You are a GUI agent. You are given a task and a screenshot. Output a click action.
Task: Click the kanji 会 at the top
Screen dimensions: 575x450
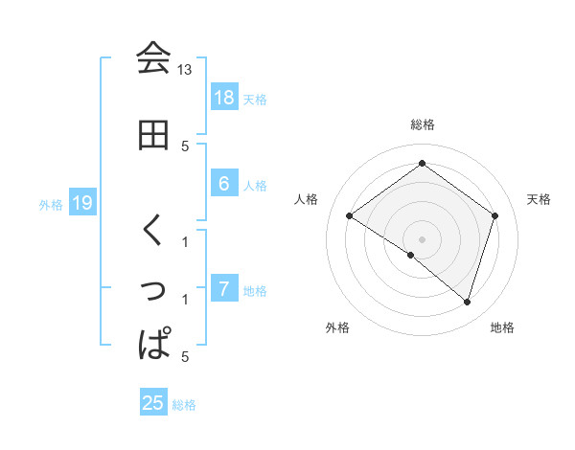click(x=153, y=58)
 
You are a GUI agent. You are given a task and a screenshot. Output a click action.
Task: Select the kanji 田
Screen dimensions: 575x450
click(x=153, y=135)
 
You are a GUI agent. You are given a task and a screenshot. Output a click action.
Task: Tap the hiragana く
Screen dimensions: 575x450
click(x=153, y=231)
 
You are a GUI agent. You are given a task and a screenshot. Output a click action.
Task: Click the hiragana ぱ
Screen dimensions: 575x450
click(x=154, y=344)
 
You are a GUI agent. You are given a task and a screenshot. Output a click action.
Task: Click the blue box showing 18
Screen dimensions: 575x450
click(x=224, y=98)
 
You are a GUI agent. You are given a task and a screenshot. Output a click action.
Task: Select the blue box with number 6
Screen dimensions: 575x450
click(x=224, y=185)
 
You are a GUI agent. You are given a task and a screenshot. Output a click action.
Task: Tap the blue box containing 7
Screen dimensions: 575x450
click(x=224, y=289)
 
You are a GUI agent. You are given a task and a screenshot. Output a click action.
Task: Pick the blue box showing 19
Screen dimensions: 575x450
click(x=82, y=203)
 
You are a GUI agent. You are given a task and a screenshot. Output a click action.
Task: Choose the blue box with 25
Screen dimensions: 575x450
click(x=153, y=403)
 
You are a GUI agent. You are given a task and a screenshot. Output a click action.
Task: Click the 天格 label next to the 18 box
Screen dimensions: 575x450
click(x=255, y=99)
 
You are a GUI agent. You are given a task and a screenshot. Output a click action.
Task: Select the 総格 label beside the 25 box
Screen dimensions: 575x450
click(x=184, y=405)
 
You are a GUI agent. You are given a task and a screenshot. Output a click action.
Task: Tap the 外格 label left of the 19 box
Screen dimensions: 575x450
click(x=50, y=204)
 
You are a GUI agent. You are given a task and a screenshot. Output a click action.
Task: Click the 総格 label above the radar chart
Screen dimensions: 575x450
click(x=422, y=124)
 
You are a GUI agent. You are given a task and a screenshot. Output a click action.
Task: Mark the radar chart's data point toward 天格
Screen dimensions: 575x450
click(x=495, y=216)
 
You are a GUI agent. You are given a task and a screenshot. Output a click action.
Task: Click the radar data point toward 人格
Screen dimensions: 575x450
click(x=350, y=216)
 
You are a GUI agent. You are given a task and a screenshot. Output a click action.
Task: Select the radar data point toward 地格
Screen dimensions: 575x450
click(x=467, y=303)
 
